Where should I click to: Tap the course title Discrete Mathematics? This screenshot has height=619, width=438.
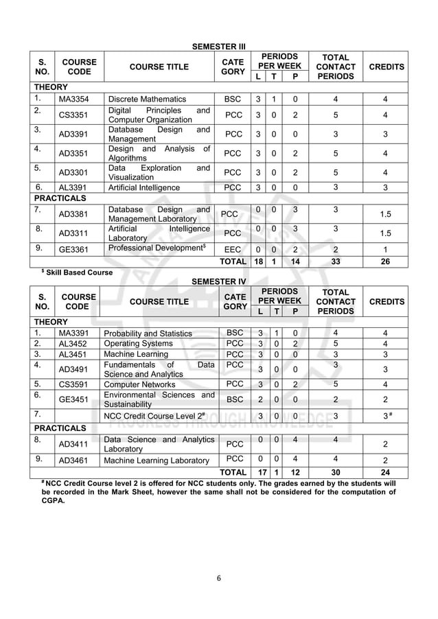coord(148,100)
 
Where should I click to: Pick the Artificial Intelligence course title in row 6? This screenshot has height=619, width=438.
coord(144,187)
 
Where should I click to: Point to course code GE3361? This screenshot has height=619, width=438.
coord(76,250)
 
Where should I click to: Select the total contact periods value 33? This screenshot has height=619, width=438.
coord(336,262)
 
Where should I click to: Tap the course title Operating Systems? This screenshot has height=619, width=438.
coord(138,344)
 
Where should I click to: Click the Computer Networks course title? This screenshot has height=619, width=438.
coord(141,384)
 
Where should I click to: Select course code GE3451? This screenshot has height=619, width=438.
coord(76,399)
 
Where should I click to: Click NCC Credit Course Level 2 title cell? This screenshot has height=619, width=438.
coord(154,416)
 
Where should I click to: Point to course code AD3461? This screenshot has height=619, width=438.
coord(76,460)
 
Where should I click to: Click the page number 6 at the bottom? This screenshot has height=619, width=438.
coord(218,578)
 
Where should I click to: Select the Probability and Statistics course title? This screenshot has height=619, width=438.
coord(148,334)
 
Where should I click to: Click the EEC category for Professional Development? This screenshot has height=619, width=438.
coord(233,250)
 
